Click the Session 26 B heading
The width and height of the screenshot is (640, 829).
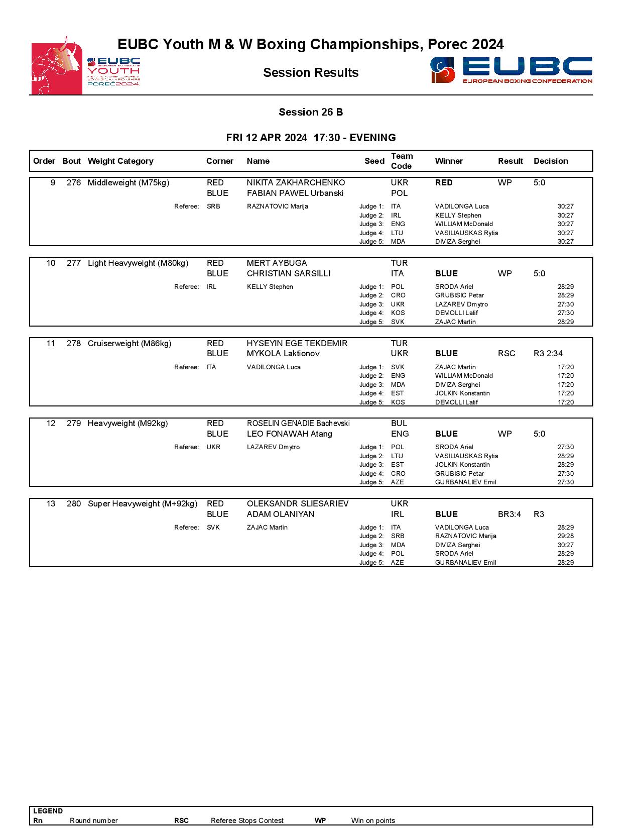[311, 112]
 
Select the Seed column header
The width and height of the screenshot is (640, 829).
[374, 161]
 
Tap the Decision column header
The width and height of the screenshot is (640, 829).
[551, 161]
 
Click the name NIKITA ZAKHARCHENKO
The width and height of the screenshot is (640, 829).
[296, 183]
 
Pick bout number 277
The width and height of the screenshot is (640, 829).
[73, 263]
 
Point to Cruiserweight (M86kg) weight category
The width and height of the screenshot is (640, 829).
[130, 344]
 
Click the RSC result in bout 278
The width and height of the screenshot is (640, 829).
[506, 354]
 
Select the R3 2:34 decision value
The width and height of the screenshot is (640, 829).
[548, 354]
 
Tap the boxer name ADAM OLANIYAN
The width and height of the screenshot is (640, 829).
[281, 514]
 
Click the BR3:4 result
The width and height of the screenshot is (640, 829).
[509, 514]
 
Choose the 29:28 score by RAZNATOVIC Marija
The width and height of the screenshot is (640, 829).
[565, 536]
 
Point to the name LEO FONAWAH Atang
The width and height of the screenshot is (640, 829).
[289, 434]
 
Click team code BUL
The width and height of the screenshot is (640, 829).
[399, 424]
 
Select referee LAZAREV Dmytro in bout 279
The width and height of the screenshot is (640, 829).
[273, 447]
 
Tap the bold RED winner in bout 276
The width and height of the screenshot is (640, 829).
[444, 183]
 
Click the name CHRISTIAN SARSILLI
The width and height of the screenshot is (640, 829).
[289, 274]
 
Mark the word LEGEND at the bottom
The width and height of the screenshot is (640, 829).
[48, 811]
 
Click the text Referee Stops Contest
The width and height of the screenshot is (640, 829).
[247, 820]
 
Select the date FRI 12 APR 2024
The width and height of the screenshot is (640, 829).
[267, 138]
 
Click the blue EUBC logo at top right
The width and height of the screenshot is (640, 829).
[511, 70]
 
